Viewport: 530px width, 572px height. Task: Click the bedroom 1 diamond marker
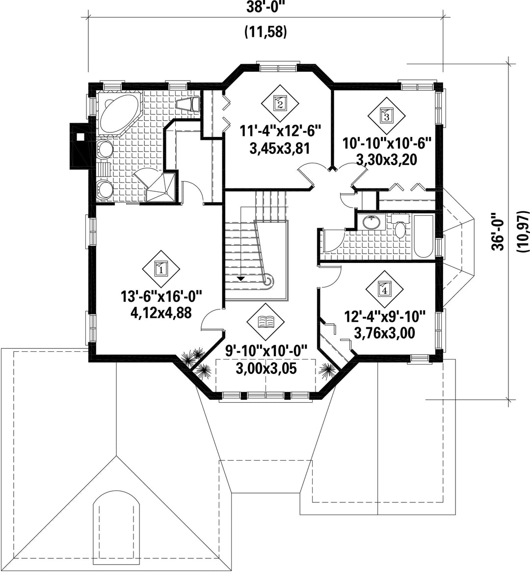coord(161,270)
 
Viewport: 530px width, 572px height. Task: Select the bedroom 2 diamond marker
coord(280,104)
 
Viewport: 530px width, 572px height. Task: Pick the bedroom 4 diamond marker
coord(384,289)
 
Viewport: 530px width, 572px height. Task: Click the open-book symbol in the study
coord(266,322)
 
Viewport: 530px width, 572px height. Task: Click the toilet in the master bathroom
coord(188,104)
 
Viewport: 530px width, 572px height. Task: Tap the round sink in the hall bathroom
coord(371,222)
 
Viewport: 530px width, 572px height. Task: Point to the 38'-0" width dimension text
coord(265,7)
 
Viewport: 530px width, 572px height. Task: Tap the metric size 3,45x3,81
coord(280,149)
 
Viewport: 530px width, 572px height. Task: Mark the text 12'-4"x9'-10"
coord(385,316)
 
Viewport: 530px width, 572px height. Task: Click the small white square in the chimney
coord(79,137)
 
